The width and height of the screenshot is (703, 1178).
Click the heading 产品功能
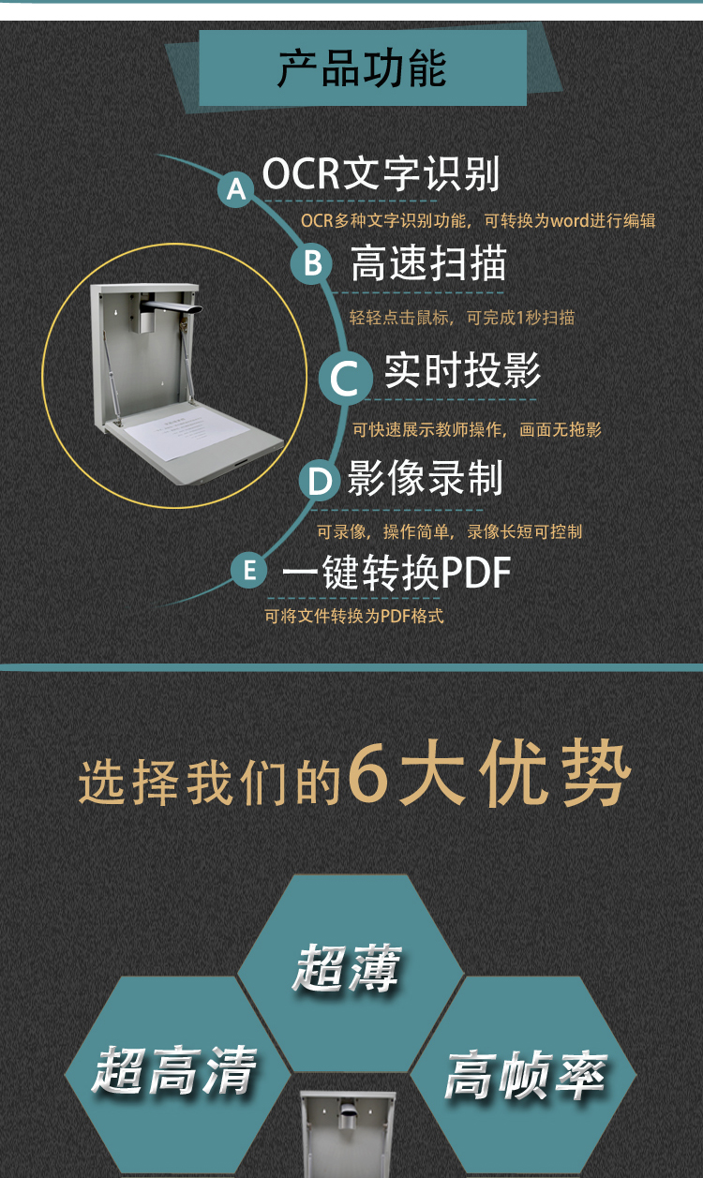tap(362, 68)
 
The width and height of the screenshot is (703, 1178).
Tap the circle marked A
tap(236, 189)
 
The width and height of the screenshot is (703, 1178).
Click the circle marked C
tap(346, 377)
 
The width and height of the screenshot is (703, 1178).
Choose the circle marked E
tap(249, 570)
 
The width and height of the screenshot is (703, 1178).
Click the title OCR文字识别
tap(381, 173)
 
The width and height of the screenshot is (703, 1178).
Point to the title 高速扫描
tap(428, 263)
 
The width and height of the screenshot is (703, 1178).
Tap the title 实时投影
tap(462, 371)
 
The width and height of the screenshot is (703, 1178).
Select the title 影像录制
tap(425, 478)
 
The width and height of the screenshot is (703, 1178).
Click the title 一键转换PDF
tap(396, 573)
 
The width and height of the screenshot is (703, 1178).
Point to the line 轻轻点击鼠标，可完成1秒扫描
tap(462, 318)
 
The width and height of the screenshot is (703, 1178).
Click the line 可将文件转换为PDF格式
tap(354, 616)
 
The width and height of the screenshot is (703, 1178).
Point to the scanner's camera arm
tap(170, 306)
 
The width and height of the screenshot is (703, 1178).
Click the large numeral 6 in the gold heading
tap(368, 771)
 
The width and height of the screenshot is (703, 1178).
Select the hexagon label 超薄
tap(347, 968)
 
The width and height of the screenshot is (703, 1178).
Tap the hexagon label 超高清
tap(174, 1071)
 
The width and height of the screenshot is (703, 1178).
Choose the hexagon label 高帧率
tap(525, 1075)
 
